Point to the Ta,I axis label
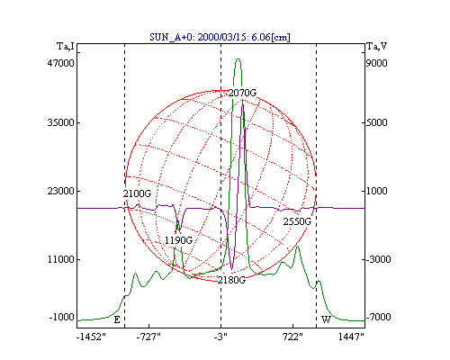[x=66, y=47]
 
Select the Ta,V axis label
[x=377, y=47]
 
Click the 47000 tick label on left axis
[x=60, y=63]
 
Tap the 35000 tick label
[x=60, y=122]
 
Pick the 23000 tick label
[x=60, y=191]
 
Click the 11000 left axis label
[x=60, y=259]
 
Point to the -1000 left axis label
[x=61, y=317]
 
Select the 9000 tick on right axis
[x=376, y=63]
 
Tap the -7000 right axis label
[x=378, y=317]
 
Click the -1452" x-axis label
[x=91, y=337]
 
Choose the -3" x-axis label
[x=220, y=337]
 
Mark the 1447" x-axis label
[x=351, y=337]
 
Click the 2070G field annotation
[x=242, y=93]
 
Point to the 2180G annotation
[x=231, y=280]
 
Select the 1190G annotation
[x=178, y=240]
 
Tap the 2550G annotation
[x=297, y=221]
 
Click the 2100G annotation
[x=137, y=193]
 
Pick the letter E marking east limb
[x=117, y=320]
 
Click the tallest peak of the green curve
[x=238, y=59]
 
